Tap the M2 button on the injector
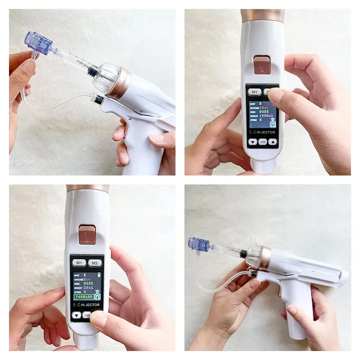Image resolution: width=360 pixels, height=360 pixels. pyautogui.click(x=94, y=263)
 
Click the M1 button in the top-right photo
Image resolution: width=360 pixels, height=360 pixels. pyautogui.click(x=255, y=92)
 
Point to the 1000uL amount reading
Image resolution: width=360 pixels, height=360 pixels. pyautogui.click(x=265, y=115)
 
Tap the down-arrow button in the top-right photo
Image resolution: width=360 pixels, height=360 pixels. pyautogui.click(x=252, y=142)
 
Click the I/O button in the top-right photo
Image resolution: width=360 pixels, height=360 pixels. pyautogui.click(x=263, y=142)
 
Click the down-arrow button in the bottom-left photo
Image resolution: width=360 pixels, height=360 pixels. pyautogui.click(x=76, y=315)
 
